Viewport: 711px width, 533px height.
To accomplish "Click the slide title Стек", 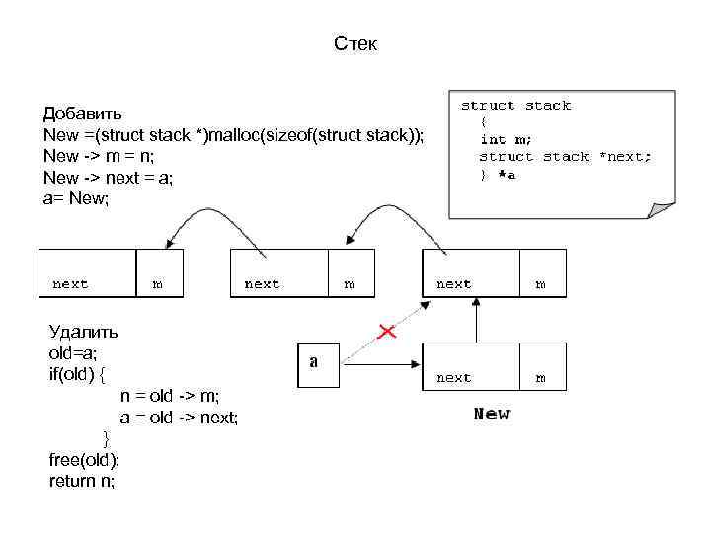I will point(355,44).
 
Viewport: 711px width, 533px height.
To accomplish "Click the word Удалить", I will point(83,332).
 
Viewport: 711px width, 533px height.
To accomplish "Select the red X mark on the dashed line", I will point(386,332).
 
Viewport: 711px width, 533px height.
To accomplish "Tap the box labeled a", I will point(313,362).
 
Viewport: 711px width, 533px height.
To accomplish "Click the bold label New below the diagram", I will point(491,414).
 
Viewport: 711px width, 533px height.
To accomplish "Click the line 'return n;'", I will point(82,482).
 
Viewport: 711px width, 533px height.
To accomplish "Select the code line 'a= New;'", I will point(77,198).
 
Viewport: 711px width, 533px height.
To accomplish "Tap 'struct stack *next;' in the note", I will point(565,157).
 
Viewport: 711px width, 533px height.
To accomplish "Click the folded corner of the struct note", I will point(661,208).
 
